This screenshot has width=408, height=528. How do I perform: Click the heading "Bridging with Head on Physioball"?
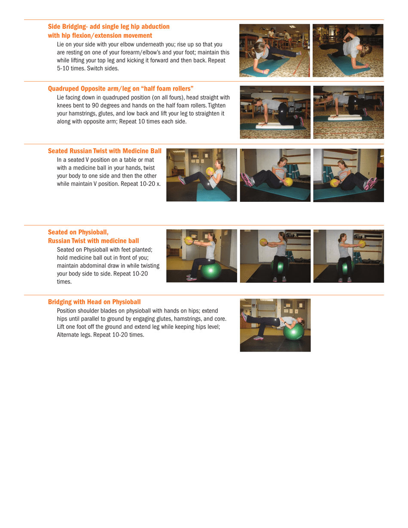coord(94,302)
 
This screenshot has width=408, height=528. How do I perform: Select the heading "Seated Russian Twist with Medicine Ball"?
coord(104,151)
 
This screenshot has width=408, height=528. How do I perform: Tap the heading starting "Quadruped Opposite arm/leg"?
coord(120,88)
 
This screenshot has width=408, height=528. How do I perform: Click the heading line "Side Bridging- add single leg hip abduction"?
coord(109,27)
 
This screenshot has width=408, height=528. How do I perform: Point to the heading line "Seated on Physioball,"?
coord(78,232)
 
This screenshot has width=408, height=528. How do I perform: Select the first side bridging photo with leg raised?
coord(275,50)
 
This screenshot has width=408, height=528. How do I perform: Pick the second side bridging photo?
coord(348,50)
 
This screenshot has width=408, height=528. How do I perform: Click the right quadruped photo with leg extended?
coord(348,112)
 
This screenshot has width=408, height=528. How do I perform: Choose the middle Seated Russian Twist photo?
coord(275,175)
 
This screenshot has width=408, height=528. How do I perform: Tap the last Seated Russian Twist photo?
coord(348,175)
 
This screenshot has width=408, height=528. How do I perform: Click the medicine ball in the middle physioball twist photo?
coord(264,242)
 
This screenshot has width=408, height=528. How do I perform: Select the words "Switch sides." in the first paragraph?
coord(104,68)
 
